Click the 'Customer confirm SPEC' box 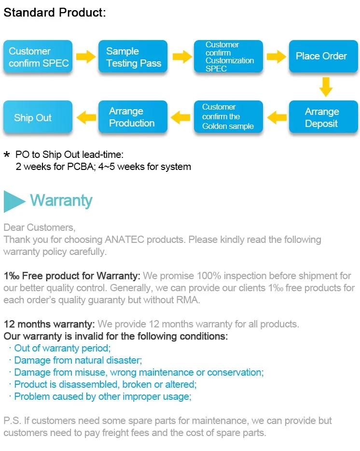[38, 56]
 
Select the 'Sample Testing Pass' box [133, 56]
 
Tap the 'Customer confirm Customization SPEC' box [228, 56]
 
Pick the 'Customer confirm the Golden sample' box [228, 117]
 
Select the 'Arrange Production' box [133, 117]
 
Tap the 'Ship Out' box [38, 117]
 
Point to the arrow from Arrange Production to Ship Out [86, 116]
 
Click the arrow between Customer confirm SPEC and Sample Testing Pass [86, 57]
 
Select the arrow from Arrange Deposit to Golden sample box [277, 116]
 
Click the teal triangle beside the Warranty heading [14, 201]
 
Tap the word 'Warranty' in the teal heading [61, 200]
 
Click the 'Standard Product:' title [54, 13]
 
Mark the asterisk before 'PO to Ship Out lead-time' [7, 155]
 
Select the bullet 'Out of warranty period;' [62, 348]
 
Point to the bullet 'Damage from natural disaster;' [78, 360]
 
